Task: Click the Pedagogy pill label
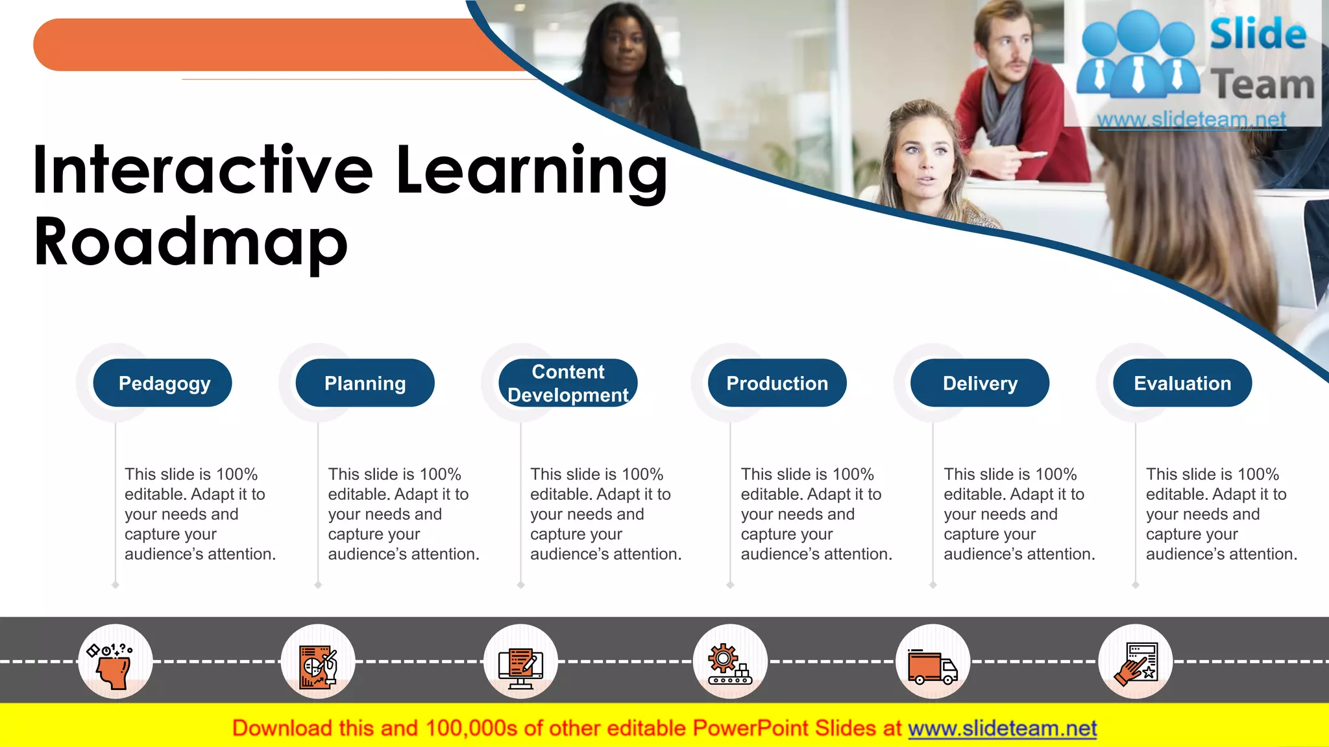pos(163,383)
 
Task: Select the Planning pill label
pos(365,383)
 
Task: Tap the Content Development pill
pos(568,383)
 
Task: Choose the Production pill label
pos(777,383)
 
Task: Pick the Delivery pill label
pos(980,383)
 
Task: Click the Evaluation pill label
pos(1182,383)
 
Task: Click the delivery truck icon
pos(933,666)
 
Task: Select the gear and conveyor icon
pos(730,663)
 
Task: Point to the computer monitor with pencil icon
pos(520,666)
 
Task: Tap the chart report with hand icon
pos(318,665)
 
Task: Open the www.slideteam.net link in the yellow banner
pos(1002,728)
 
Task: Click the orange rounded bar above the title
pos(260,45)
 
